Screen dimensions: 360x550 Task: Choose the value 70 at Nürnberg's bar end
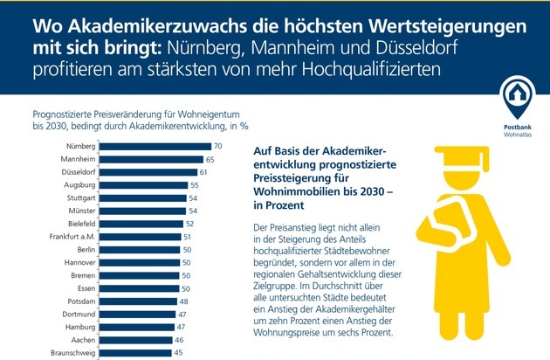218,146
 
